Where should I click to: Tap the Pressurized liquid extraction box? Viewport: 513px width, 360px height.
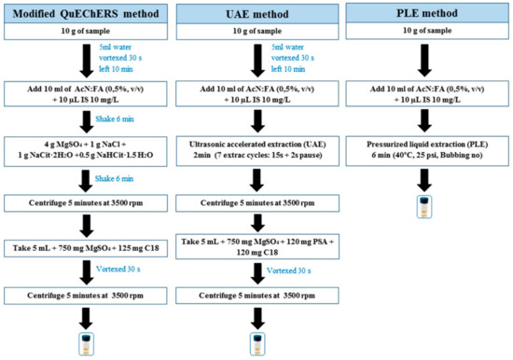[x=427, y=153]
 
